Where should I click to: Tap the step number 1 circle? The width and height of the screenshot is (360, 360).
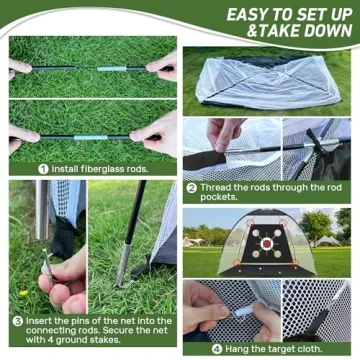point(43,169)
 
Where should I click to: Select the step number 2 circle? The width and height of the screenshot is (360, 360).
point(191,187)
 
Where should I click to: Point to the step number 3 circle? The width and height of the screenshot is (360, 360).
point(17,321)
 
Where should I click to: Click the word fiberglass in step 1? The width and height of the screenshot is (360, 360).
point(95,169)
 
